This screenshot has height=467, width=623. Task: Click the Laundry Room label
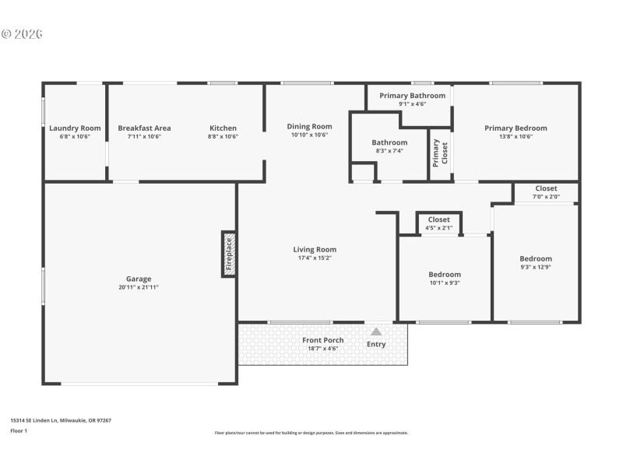tap(75, 128)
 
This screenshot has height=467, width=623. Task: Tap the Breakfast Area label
tap(144, 128)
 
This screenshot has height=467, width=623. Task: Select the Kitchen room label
tap(223, 128)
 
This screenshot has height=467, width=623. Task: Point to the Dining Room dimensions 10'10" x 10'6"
tap(309, 135)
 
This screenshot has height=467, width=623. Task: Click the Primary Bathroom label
tap(412, 96)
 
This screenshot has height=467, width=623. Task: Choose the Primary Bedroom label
tap(516, 128)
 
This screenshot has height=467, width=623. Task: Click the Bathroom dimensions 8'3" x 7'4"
tap(389, 151)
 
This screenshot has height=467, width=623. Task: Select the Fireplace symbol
tap(229, 253)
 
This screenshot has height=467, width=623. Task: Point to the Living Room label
tap(315, 250)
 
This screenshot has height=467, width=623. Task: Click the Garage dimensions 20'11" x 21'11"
tap(139, 287)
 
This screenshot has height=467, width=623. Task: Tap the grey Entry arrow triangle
tap(376, 332)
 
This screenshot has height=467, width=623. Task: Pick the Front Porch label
tap(322, 340)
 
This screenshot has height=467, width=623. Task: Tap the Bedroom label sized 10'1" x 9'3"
tap(444, 275)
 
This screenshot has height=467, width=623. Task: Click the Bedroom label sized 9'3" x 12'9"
tap(536, 259)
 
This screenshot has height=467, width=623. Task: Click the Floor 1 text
tap(19, 430)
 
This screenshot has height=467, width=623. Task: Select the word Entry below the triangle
tap(376, 344)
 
